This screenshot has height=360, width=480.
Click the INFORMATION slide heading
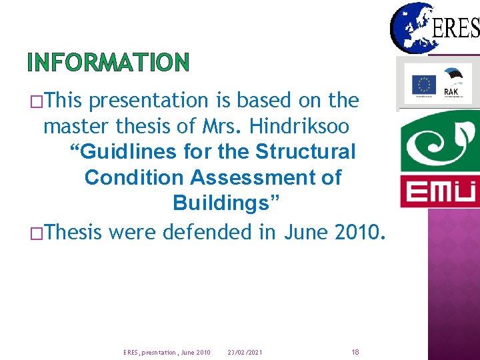click(x=109, y=63)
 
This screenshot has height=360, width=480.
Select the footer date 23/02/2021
click(x=245, y=352)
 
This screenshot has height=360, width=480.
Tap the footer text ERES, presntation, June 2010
click(x=167, y=352)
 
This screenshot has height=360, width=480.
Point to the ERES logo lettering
click(x=456, y=28)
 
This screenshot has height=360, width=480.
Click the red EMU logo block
click(x=440, y=192)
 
